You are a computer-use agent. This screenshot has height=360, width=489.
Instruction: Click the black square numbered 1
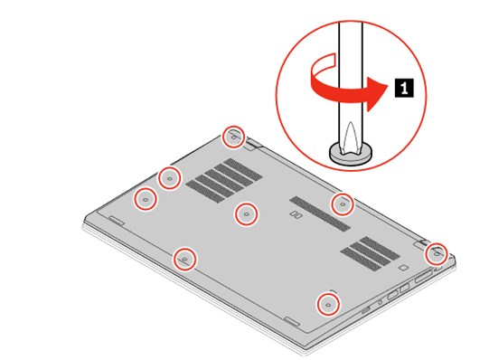click(x=404, y=88)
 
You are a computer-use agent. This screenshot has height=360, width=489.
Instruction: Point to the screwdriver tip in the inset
click(x=351, y=137)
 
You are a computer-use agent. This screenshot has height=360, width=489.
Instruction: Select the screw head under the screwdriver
click(x=351, y=153)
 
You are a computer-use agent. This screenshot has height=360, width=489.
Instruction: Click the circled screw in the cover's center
click(x=247, y=214)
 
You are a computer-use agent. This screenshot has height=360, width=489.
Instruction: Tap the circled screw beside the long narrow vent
click(x=343, y=204)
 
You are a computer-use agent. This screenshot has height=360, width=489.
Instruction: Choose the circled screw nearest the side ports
click(x=328, y=304)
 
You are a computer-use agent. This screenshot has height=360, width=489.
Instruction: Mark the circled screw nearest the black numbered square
click(x=436, y=254)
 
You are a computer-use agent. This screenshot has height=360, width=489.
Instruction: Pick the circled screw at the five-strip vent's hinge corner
click(x=233, y=137)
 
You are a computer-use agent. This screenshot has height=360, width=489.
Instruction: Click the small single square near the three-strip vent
click(x=403, y=267)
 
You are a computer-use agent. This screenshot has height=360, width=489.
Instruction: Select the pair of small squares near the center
click(x=296, y=214)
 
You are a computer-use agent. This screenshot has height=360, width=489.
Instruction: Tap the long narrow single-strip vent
click(x=320, y=213)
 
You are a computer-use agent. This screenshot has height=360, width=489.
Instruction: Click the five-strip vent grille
click(x=224, y=180)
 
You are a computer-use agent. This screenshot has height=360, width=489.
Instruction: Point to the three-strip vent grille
click(x=371, y=253)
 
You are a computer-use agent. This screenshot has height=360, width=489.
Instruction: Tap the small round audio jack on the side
click(x=380, y=302)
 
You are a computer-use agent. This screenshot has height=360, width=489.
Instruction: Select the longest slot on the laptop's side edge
click(x=424, y=278)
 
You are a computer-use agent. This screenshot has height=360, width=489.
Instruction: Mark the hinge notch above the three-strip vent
click(x=421, y=242)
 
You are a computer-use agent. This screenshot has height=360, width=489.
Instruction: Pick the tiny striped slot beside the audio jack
click(x=366, y=310)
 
